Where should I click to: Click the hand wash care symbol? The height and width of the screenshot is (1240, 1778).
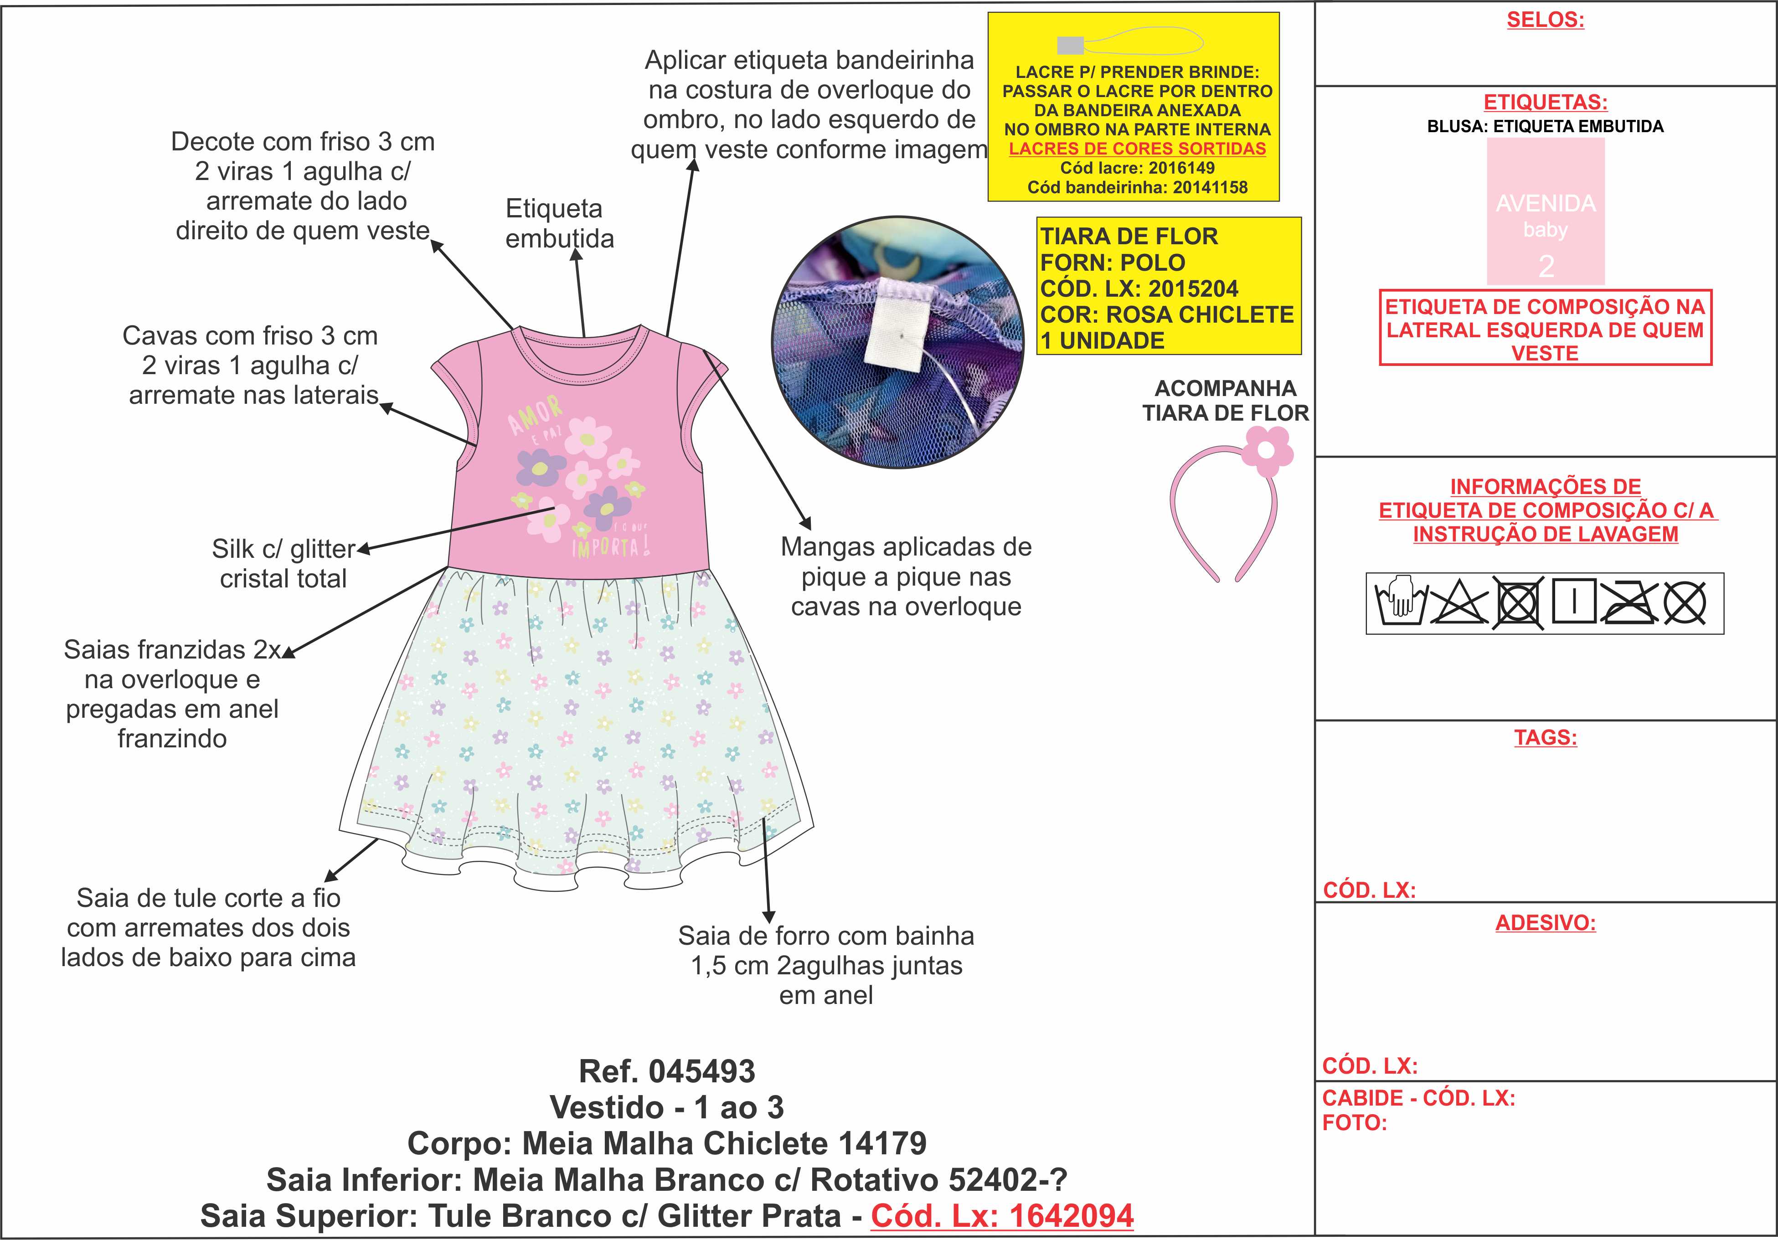(1400, 602)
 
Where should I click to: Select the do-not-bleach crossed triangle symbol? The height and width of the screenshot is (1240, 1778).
(1458, 602)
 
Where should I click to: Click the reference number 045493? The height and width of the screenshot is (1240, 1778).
(701, 1071)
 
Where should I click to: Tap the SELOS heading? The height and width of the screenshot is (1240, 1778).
(1545, 20)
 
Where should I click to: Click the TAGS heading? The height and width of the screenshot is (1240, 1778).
(1545, 737)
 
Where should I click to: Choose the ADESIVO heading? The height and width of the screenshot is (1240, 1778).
(1545, 923)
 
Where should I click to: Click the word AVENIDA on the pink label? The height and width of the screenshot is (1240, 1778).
(1545, 204)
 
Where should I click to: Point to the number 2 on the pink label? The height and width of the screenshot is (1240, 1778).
(1546, 267)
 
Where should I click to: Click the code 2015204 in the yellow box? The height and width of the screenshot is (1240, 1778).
(1193, 289)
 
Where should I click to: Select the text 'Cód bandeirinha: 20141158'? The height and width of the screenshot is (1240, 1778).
(1137, 187)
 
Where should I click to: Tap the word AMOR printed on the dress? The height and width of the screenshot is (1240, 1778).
(534, 414)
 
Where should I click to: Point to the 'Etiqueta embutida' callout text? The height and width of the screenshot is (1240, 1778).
(559, 223)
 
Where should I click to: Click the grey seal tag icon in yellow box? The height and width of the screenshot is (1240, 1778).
(1070, 45)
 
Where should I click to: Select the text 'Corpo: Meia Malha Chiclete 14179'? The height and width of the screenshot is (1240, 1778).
(667, 1143)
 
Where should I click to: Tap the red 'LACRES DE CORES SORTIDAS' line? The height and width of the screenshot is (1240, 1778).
(1137, 149)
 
